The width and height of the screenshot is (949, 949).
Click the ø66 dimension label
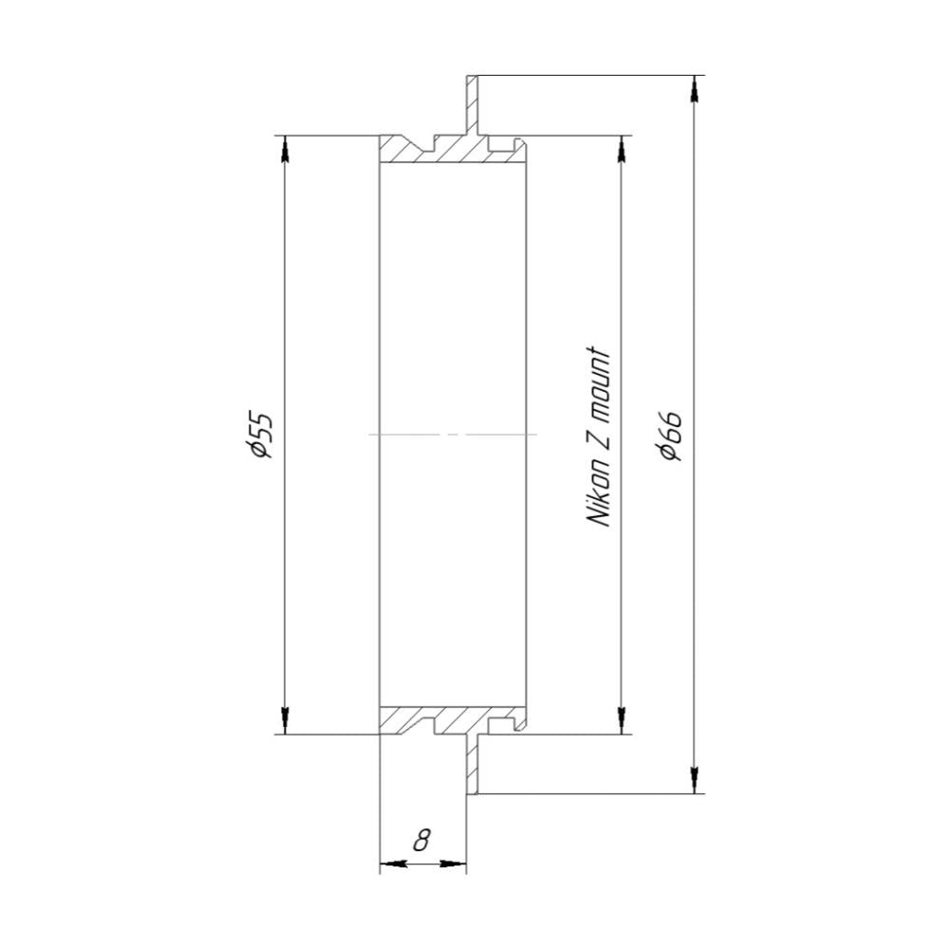(x=671, y=435)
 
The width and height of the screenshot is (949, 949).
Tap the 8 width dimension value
(x=422, y=840)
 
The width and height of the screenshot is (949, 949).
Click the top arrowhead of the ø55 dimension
(x=285, y=149)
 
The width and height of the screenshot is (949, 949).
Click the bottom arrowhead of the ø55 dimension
(x=285, y=720)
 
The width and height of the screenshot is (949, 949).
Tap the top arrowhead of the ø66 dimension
(x=695, y=89)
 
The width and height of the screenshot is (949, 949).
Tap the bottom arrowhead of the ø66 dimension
(x=695, y=780)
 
